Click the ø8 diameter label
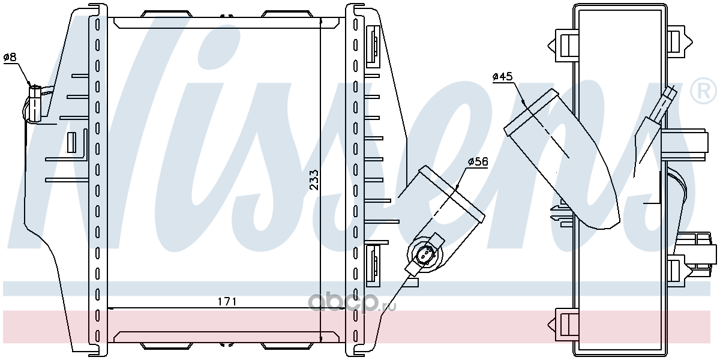pos(10,58)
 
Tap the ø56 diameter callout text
pos(478,162)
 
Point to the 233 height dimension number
pos(314,180)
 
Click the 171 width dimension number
pos(227,302)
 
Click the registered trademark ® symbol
pos(703,91)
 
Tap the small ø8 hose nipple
pos(35,103)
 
